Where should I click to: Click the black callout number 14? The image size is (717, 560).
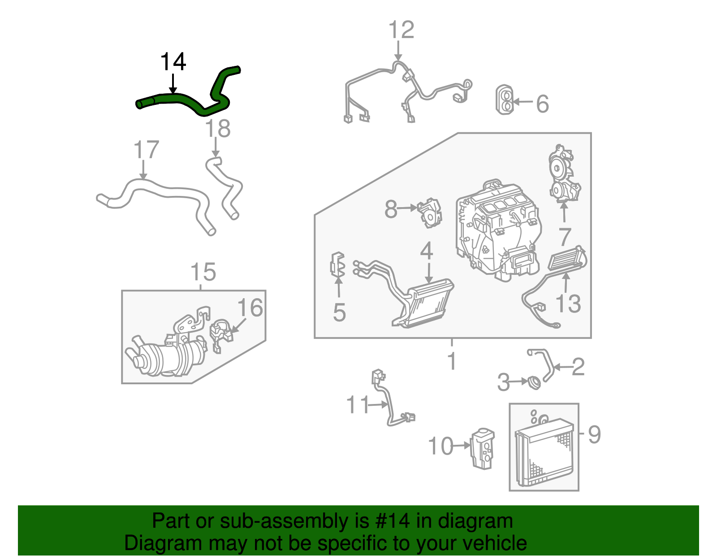click(173, 62)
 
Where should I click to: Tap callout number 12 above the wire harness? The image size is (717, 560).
click(401, 30)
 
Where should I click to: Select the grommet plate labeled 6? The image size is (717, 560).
click(504, 99)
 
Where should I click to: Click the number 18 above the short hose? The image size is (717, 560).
click(218, 129)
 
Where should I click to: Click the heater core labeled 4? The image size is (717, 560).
click(428, 303)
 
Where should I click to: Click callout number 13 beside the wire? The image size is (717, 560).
click(568, 304)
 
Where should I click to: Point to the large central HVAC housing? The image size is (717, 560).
click(497, 229)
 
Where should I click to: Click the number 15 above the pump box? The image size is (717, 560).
click(203, 272)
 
